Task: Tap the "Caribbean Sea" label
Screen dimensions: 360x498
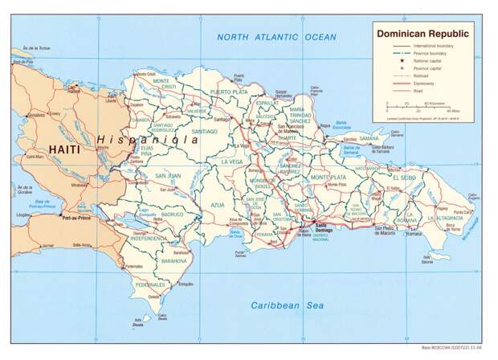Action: pyautogui.click(x=287, y=305)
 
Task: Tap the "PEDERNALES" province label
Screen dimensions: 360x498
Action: pyautogui.click(x=150, y=284)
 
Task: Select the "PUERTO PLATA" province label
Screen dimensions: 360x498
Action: pyautogui.click(x=228, y=92)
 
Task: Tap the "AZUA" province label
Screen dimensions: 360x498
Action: pyautogui.click(x=218, y=205)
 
